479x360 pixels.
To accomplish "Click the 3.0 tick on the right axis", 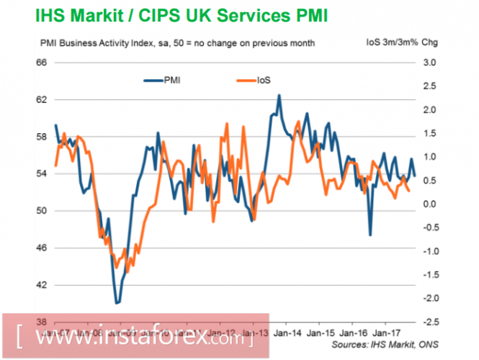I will click(x=429, y=63).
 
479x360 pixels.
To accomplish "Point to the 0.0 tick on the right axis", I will click(x=429, y=204).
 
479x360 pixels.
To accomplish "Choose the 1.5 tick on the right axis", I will click(x=429, y=133).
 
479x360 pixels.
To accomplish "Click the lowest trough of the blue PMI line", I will click(x=117, y=303).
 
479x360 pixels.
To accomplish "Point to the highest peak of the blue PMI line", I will click(x=279, y=95).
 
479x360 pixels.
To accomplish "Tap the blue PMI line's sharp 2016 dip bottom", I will click(x=370, y=235).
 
